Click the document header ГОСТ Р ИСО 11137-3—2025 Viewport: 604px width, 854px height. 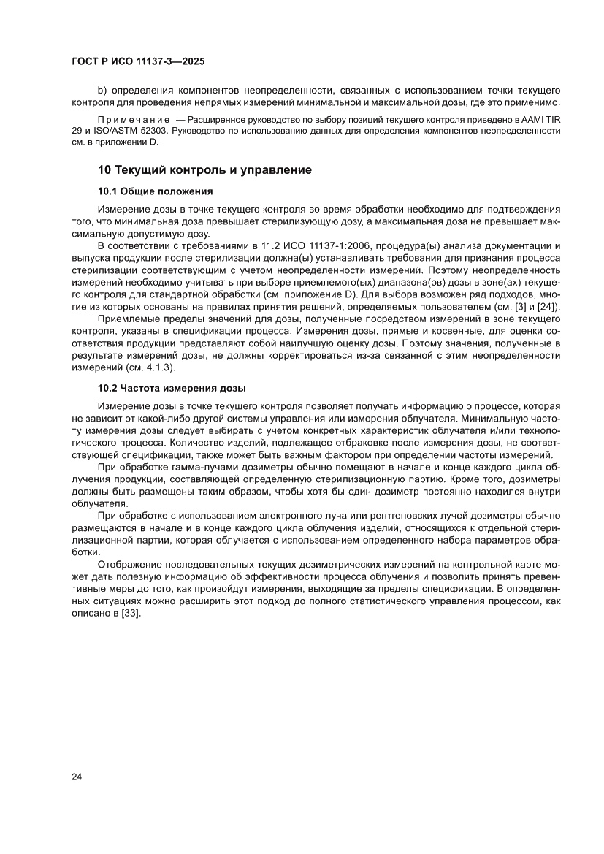[138, 61]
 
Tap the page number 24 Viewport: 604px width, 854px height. [77, 776]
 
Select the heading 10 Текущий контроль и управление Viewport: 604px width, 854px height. [205, 170]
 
